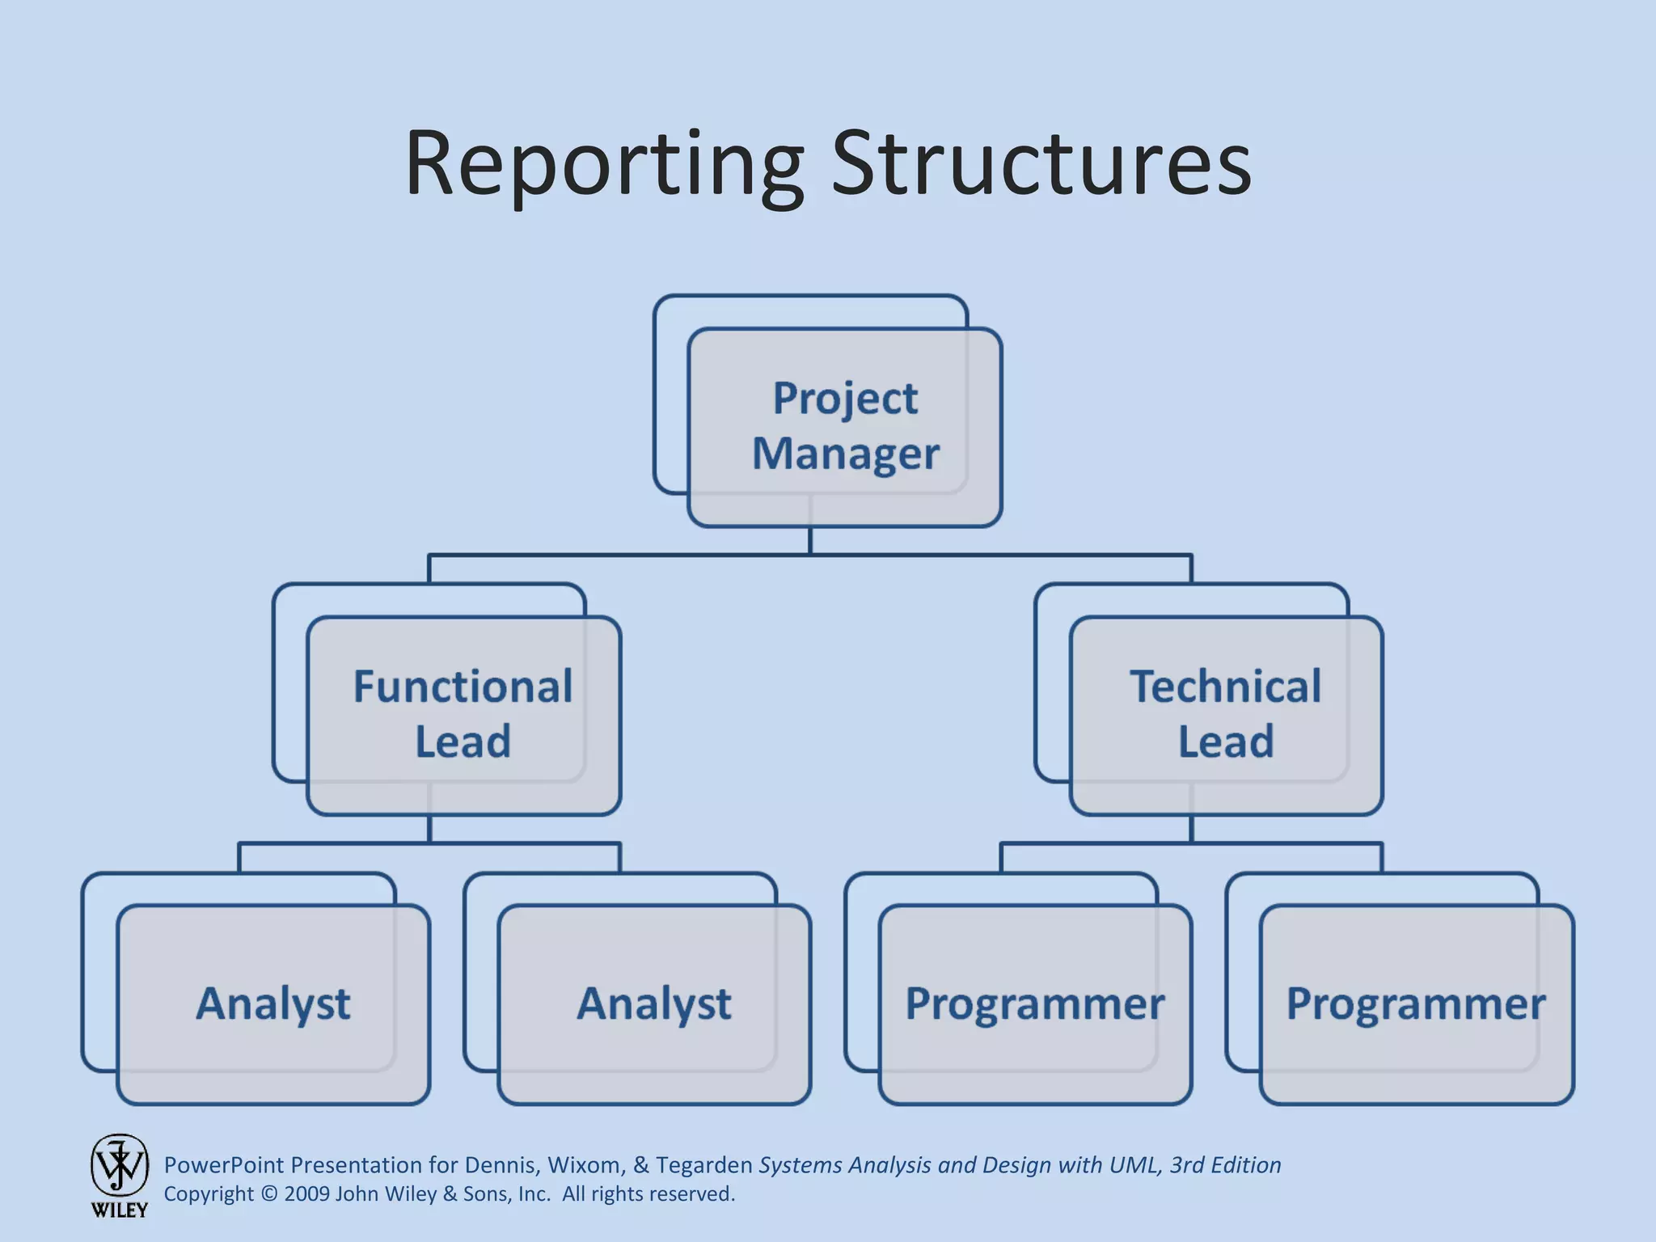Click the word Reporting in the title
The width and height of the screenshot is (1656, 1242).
coord(603,166)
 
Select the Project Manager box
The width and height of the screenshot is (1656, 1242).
coord(845,427)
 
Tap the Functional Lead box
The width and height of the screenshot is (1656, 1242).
coord(463,715)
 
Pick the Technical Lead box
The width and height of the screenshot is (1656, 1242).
coord(1226,715)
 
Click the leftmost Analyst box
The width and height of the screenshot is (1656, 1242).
coord(273,1004)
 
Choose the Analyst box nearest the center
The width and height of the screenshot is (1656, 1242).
coord(654,1004)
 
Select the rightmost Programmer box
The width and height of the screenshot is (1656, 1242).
coord(1417,1004)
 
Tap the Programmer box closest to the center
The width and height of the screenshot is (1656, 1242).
coord(1035,1004)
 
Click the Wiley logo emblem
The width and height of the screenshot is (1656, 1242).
coord(120,1164)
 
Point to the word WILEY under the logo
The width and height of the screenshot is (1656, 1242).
coord(120,1210)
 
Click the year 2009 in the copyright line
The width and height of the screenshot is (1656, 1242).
coord(307,1194)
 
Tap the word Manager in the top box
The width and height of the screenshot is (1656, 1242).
coord(846,454)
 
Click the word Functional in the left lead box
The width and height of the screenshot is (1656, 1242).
coord(463,687)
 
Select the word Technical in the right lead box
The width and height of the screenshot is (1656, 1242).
coord(1226,687)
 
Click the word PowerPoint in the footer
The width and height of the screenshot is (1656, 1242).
coord(224,1165)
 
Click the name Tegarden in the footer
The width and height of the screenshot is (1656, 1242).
coord(703,1165)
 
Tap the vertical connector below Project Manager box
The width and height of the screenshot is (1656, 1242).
coord(810,540)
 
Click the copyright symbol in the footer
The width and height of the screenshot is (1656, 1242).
coord(269,1194)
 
